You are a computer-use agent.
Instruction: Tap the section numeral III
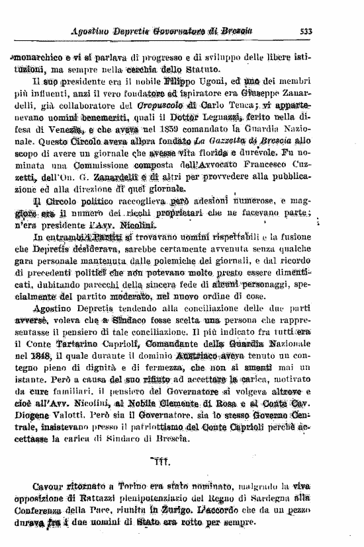tap(159, 462)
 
